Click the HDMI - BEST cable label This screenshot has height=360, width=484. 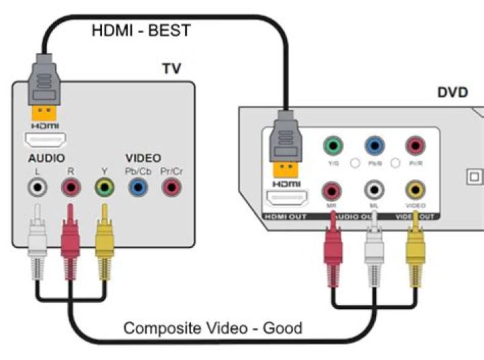click(141, 31)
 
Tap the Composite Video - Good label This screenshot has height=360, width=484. click(213, 328)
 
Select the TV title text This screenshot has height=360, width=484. click(172, 69)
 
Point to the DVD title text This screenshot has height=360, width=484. click(452, 92)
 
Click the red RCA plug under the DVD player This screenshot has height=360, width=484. click(332, 249)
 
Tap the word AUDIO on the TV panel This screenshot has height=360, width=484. click(46, 159)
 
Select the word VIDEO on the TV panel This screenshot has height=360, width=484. click(143, 159)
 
